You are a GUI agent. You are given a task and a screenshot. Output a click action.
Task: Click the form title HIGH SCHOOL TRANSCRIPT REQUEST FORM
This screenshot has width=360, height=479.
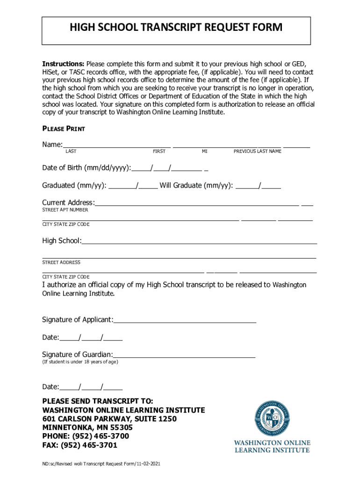pyautogui.click(x=176, y=28)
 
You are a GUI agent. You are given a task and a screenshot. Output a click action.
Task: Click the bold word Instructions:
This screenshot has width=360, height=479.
pyautogui.click(x=64, y=64)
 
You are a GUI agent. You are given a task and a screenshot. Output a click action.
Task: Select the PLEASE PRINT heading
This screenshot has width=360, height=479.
pyautogui.click(x=64, y=129)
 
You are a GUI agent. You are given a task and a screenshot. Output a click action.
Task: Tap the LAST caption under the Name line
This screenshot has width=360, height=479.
pyautogui.click(x=71, y=152)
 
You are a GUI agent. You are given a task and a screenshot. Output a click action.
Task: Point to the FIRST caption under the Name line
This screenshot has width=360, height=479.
pyautogui.click(x=159, y=152)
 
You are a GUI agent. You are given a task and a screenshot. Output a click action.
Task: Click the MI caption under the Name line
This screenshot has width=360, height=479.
pyautogui.click(x=205, y=152)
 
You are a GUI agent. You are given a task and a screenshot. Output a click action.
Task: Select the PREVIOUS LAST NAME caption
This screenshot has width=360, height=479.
pyautogui.click(x=258, y=152)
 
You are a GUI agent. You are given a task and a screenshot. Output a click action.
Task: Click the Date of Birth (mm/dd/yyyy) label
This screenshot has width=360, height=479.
pyautogui.click(x=86, y=168)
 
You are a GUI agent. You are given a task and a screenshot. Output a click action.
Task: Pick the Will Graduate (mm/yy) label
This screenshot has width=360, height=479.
pyautogui.click(x=196, y=185)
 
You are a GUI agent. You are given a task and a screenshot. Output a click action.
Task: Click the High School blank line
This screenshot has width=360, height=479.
pyautogui.click(x=199, y=242)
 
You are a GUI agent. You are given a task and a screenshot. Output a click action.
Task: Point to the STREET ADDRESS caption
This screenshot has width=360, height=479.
pyautogui.click(x=61, y=262)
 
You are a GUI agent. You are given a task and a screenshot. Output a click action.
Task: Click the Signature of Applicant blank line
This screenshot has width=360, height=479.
pyautogui.click(x=185, y=321)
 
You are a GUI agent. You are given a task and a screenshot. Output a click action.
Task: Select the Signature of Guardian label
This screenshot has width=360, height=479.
pyautogui.click(x=77, y=355)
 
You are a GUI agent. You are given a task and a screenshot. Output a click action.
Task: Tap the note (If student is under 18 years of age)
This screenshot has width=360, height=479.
pyautogui.click(x=80, y=362)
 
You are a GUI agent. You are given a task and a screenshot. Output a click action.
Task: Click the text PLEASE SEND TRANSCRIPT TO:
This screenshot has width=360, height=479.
pyautogui.click(x=98, y=401)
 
